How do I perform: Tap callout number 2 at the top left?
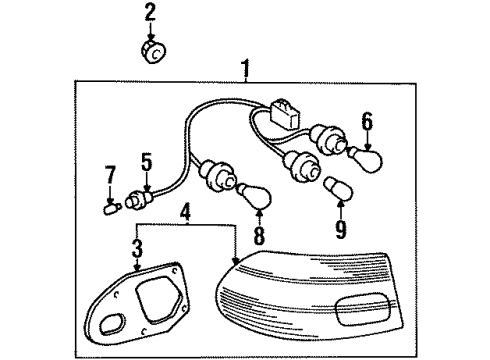(150, 13)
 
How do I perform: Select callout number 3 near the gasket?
(137, 245)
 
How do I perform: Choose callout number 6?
(367, 124)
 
